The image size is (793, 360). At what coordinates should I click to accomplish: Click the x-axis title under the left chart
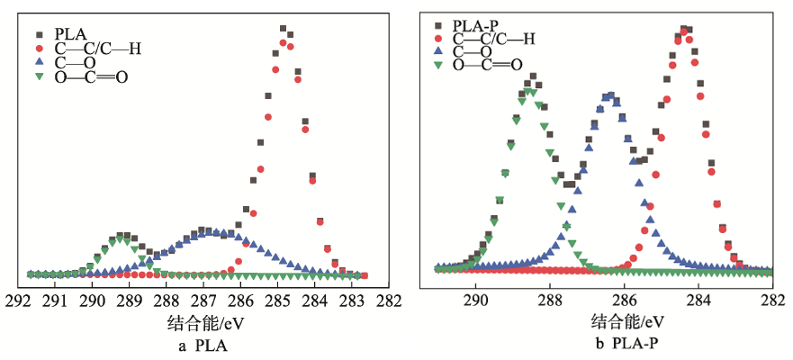pos(204,321)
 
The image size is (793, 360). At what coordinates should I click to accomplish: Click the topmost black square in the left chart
pos(283,29)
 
